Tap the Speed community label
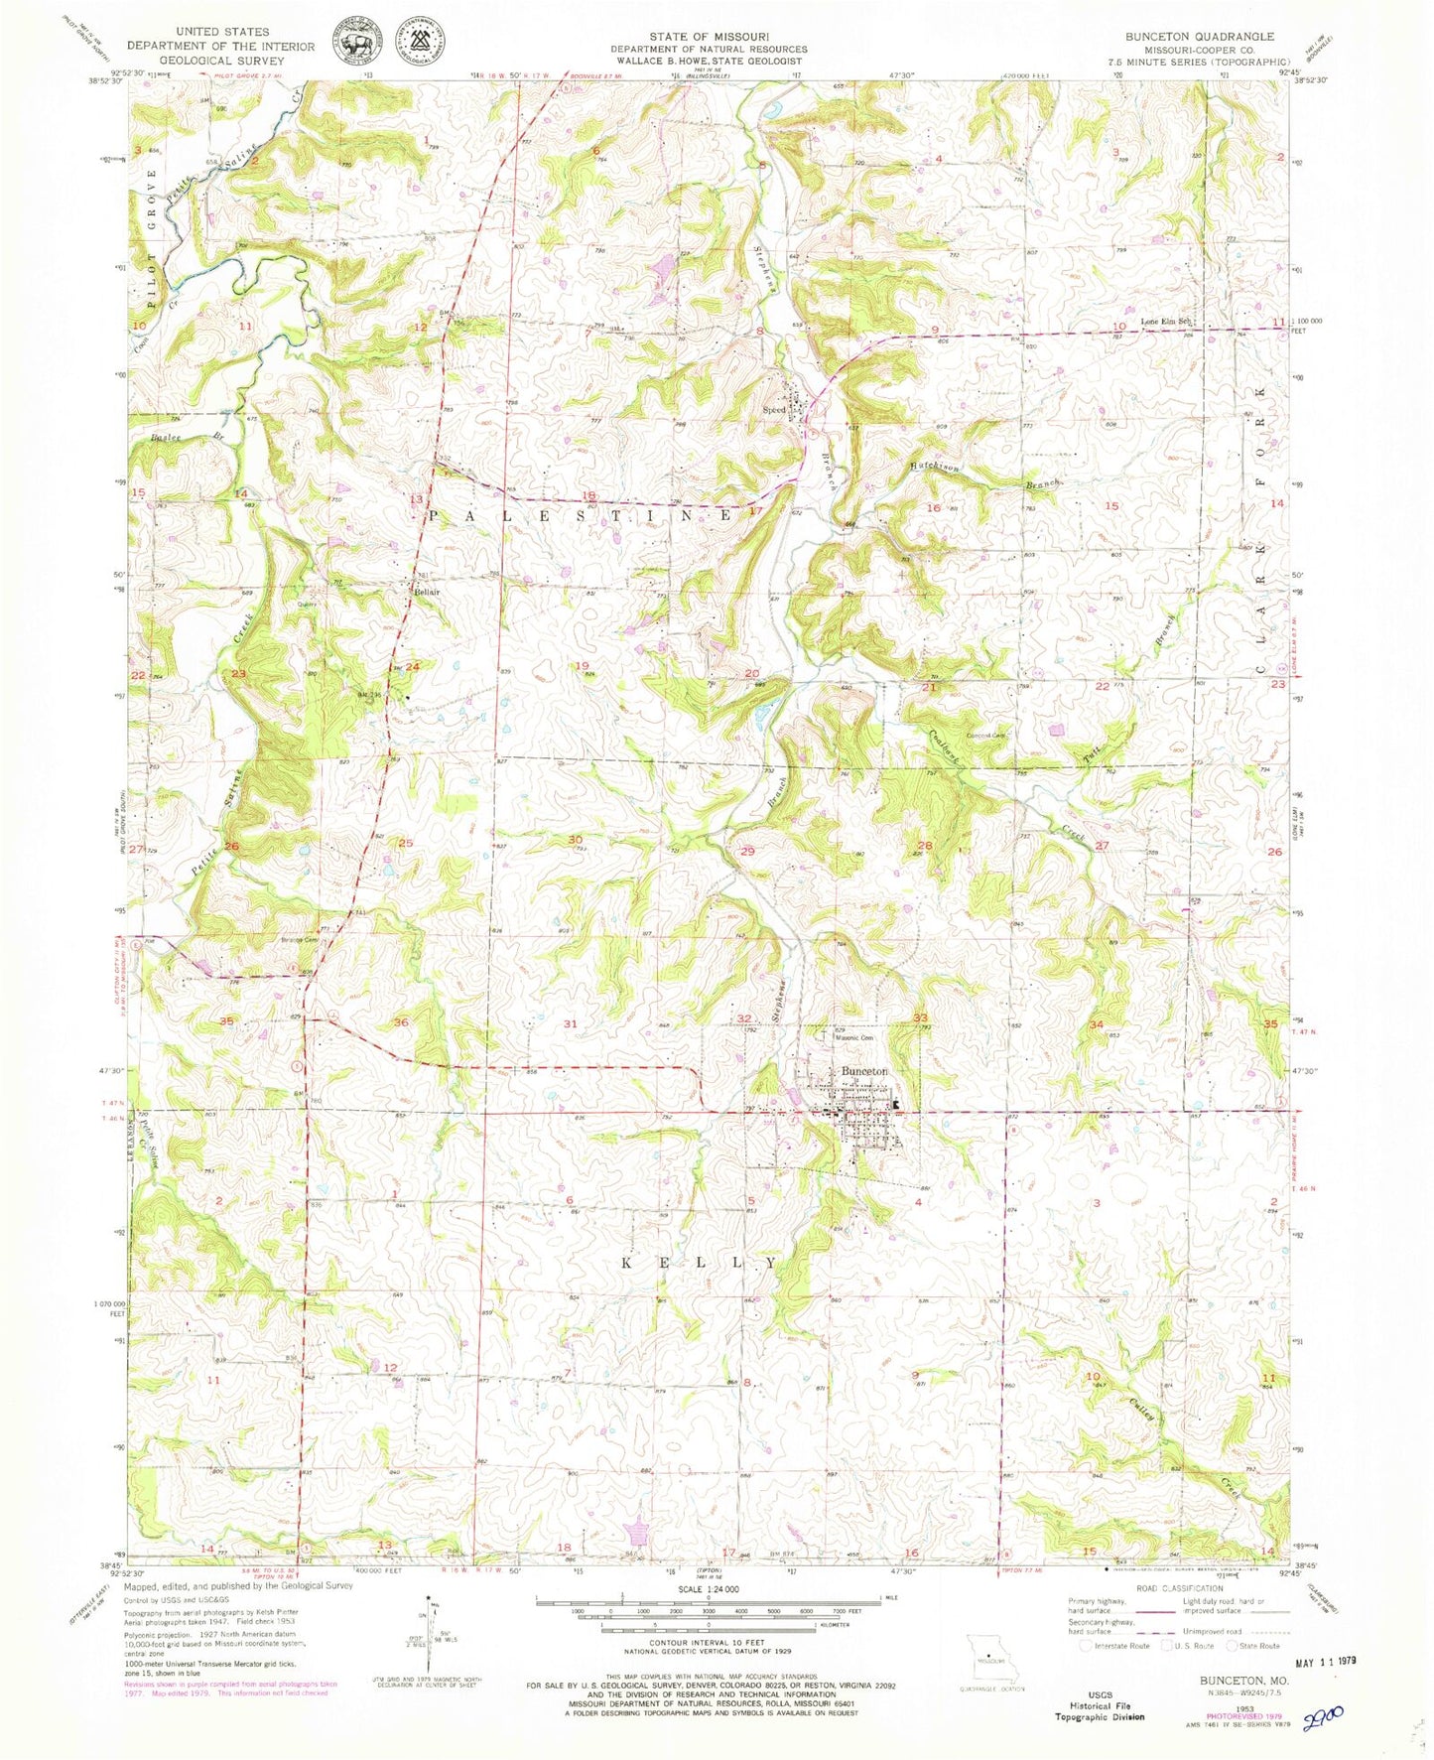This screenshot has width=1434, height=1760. pyautogui.click(x=774, y=409)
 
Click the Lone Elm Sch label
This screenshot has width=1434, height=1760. pyautogui.click(x=1165, y=321)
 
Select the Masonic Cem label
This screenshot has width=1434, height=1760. pyautogui.click(x=852, y=1038)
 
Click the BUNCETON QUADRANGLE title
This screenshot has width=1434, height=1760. pyautogui.click(x=1199, y=36)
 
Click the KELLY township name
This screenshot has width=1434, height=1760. pyautogui.click(x=700, y=1263)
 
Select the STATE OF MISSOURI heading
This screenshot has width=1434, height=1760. pyautogui.click(x=709, y=36)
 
